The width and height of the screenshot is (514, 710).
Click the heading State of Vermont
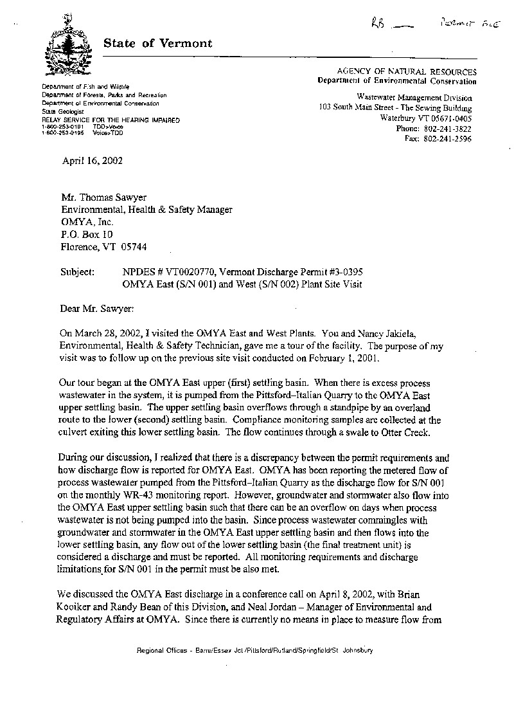click(x=157, y=44)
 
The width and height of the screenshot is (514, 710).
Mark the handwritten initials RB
click(x=378, y=24)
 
